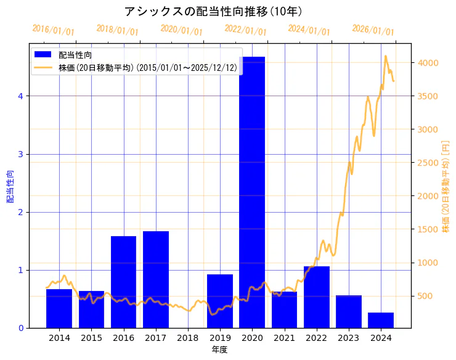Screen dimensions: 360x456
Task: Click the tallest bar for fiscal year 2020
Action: (252, 191)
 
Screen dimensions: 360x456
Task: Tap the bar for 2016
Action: (123, 281)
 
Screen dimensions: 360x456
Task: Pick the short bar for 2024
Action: (381, 320)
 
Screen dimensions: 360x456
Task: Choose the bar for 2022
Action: (317, 297)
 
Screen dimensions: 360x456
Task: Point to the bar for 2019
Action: (220, 301)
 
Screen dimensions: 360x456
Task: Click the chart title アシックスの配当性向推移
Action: (213, 11)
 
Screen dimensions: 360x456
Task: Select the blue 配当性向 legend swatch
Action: (43, 55)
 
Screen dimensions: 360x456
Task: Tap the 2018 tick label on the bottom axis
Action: (188, 337)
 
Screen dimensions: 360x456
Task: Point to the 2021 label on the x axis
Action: (284, 337)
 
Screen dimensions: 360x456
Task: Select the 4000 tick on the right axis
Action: (427, 63)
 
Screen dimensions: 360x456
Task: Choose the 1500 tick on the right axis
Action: (427, 229)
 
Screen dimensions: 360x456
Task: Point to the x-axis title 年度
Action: (220, 349)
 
